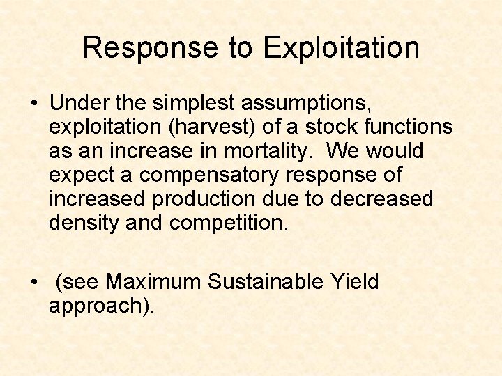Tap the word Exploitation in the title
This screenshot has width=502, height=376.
click(x=342, y=48)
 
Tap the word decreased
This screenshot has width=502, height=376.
click(x=382, y=198)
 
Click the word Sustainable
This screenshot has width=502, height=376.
click(x=265, y=282)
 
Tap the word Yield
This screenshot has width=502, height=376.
click(x=354, y=282)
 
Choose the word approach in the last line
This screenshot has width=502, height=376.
click(x=94, y=306)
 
